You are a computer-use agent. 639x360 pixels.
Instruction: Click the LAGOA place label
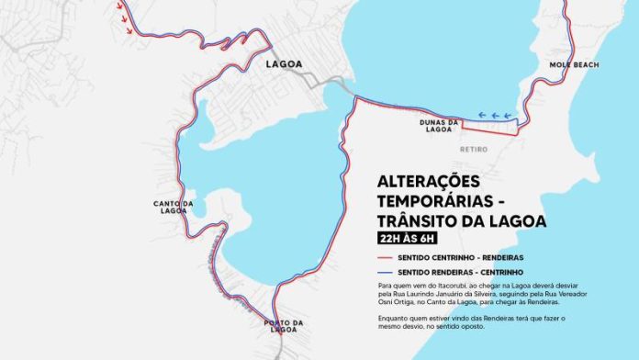point(284,64)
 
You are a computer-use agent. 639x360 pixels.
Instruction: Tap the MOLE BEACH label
point(574,65)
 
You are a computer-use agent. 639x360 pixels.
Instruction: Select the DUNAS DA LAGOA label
point(441,126)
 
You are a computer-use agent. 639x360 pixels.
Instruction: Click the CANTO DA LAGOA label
point(174,207)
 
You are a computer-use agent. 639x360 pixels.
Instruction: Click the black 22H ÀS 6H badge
point(409,238)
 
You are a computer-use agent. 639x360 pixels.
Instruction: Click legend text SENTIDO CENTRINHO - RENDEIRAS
point(479,258)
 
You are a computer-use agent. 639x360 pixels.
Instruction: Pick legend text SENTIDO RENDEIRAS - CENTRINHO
point(479,273)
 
